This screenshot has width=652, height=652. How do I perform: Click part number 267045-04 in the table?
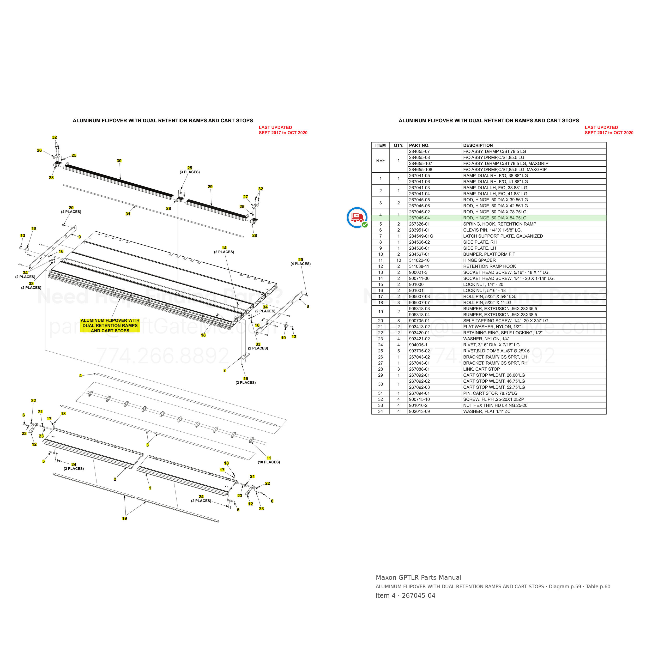(419, 218)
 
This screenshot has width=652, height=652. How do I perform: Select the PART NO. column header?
(419, 146)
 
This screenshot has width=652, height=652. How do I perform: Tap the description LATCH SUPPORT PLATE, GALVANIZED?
(503, 236)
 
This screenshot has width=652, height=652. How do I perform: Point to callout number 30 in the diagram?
(119, 161)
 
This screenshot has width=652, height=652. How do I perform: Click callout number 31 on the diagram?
(128, 214)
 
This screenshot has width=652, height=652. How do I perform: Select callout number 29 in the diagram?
(210, 187)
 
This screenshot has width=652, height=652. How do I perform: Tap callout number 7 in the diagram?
(225, 371)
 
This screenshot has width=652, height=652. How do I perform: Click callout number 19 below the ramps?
(124, 518)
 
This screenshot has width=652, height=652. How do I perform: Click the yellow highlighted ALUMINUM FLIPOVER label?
(110, 326)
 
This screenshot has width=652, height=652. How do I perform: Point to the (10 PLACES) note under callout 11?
(269, 462)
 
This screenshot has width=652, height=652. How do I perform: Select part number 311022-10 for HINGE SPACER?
(419, 261)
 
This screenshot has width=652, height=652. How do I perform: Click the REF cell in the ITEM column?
(380, 161)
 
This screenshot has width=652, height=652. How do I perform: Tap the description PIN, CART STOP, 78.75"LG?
(490, 394)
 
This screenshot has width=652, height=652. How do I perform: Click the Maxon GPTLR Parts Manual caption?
(419, 578)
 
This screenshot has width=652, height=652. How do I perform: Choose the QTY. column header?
(399, 146)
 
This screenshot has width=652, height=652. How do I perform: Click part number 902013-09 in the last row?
(419, 412)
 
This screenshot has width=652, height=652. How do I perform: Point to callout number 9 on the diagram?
(80, 237)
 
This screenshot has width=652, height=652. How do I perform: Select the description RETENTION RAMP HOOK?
(489, 267)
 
